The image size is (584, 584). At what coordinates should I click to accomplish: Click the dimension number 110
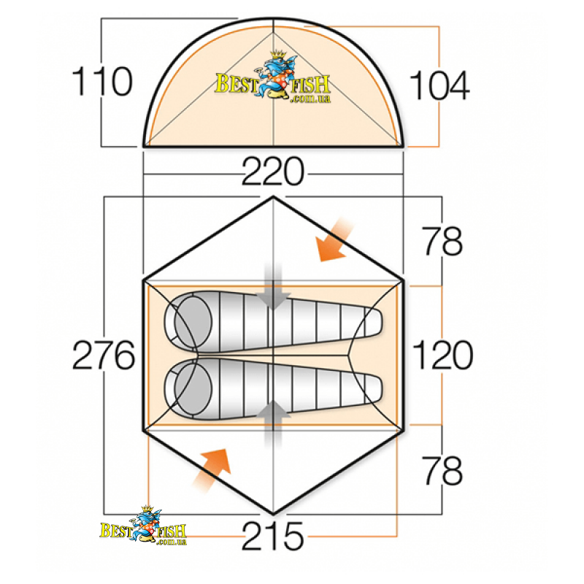click(x=101, y=81)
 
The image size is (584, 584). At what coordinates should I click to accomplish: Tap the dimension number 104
click(x=439, y=85)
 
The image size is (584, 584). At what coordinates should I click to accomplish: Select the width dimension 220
click(x=273, y=172)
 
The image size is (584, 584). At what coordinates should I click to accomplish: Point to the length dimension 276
click(x=104, y=355)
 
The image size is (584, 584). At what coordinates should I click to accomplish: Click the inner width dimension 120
click(x=443, y=355)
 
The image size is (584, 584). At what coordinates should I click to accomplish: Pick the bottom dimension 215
click(x=273, y=536)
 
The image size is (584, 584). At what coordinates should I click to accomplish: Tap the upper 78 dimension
click(x=442, y=241)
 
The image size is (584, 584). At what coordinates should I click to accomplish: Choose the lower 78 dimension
click(x=442, y=470)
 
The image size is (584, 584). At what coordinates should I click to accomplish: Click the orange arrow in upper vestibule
click(x=333, y=240)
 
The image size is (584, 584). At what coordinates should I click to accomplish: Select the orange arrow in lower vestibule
click(x=212, y=470)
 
